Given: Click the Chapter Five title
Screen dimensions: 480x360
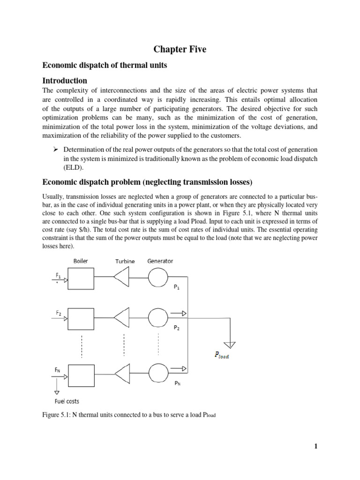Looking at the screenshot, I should point(180,49).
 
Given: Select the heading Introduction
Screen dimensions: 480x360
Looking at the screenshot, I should point(65,81).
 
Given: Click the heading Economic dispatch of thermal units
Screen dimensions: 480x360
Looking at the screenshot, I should point(105,65).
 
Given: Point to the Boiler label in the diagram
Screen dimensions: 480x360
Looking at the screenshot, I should point(81,261).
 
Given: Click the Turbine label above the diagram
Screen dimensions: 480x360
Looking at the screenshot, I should point(124,262).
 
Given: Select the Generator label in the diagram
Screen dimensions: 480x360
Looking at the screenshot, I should point(160,261).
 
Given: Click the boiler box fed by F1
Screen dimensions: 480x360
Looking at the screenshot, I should point(81,280).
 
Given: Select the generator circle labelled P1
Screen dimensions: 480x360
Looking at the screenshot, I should point(157,280).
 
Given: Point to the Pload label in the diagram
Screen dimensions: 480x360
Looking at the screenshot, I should point(222,355).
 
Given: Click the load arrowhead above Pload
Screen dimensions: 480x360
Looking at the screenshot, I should point(230,345).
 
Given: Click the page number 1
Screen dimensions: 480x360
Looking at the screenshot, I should point(316,446).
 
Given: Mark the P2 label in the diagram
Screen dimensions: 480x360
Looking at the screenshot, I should point(176,329).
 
